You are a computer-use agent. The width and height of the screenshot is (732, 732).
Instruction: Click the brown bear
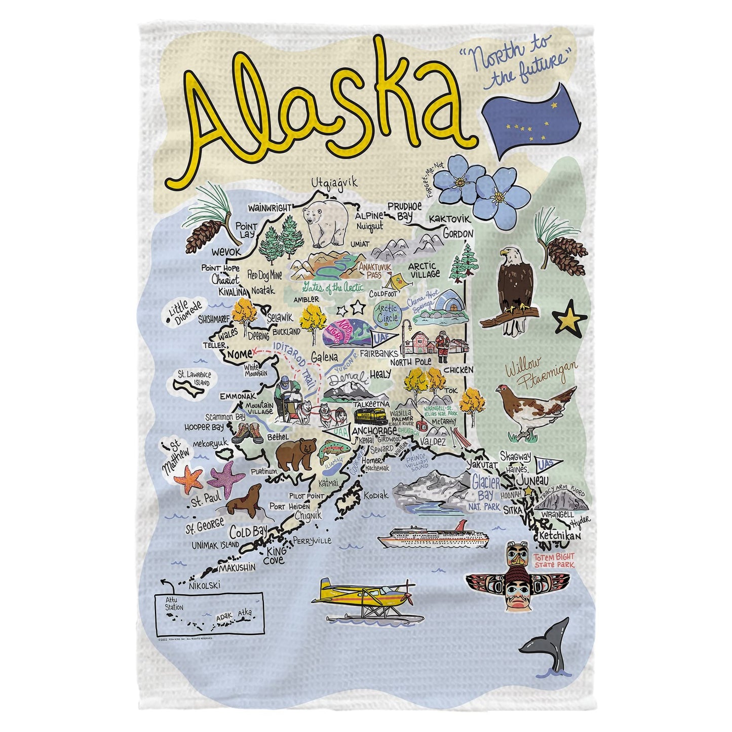pyautogui.click(x=295, y=453)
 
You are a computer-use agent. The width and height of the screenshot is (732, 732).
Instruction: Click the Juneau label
pyautogui.click(x=532, y=479)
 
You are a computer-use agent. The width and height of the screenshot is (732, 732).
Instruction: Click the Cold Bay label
pyautogui.click(x=249, y=531)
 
